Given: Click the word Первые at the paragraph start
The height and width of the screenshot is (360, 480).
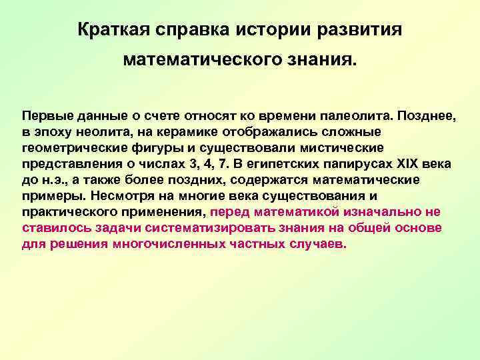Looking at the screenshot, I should [43, 115].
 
